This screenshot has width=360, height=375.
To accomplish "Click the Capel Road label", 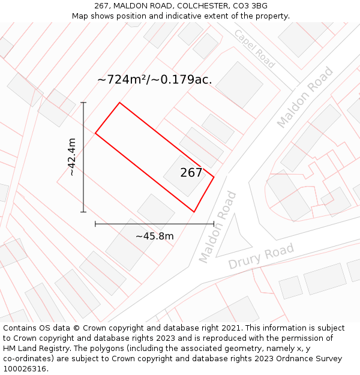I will pyautogui.click(x=254, y=49).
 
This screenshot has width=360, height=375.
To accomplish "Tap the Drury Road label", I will pyautogui.click(x=261, y=257).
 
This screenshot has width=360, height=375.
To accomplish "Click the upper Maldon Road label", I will pyautogui.click(x=305, y=98).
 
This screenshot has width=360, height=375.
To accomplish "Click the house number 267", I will pyautogui.click(x=191, y=173).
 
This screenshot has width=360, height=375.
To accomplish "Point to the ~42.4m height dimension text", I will pyautogui.click(x=71, y=157).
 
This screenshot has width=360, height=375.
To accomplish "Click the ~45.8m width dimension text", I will pyautogui.click(x=155, y=236).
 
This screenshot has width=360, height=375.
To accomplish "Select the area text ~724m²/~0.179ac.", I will pyautogui.click(x=155, y=79).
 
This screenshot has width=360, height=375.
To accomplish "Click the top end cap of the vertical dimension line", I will pyautogui.click(x=83, y=103).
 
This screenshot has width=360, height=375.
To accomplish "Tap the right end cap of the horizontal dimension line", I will pyautogui.click(x=214, y=224).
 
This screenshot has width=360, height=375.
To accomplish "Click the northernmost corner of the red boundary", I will pyautogui.click(x=119, y=103).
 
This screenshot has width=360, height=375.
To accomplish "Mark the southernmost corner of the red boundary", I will pyautogui.click(x=194, y=212).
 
